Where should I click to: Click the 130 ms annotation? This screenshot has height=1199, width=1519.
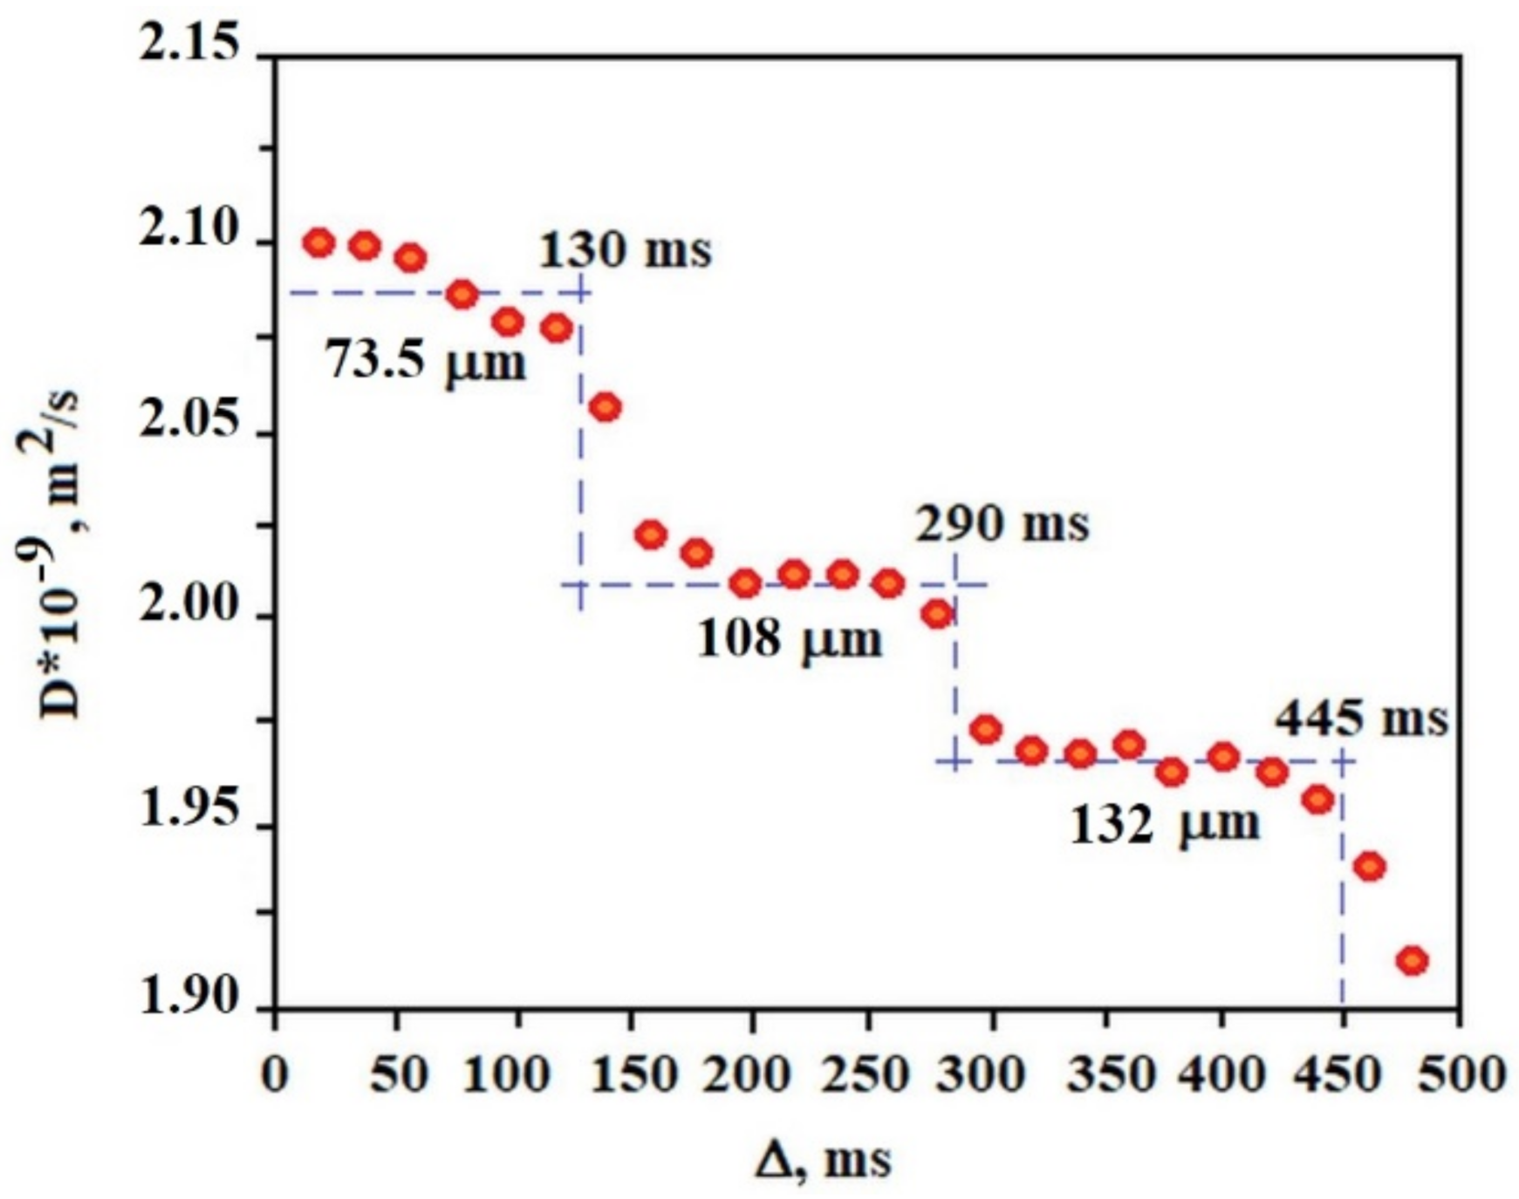tap(625, 250)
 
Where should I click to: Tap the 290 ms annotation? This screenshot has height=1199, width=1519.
tap(1002, 525)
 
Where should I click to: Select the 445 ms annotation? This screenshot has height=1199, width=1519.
tap(1361, 720)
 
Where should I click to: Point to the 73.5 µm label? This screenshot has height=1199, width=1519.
tap(427, 360)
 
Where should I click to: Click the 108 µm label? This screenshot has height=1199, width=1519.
tap(790, 639)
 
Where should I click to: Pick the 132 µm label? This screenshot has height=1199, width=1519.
tap(1165, 824)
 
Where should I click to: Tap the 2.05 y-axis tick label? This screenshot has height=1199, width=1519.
tap(189, 422)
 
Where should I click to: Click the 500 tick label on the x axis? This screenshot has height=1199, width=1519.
tap(1461, 1075)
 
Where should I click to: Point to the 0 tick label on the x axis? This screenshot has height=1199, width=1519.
tap(275, 1075)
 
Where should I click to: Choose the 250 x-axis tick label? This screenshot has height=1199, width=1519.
tap(867, 1075)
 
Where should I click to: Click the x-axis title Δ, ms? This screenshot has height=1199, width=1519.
tap(824, 1161)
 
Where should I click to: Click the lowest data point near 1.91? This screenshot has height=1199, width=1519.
tap(1412, 961)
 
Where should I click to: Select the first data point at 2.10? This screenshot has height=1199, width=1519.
tap(319, 242)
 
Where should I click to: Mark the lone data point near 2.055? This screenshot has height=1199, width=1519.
tap(606, 406)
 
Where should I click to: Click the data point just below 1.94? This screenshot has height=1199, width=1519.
tap(1369, 867)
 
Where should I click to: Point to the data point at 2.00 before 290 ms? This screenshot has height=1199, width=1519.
tap(937, 615)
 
